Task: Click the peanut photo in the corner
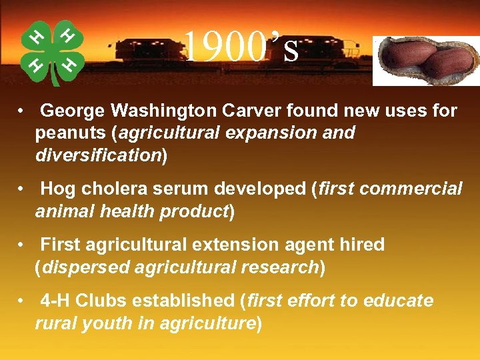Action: coord(425,60)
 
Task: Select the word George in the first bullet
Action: coord(73,111)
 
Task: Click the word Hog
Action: coord(58,189)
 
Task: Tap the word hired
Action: coord(361,245)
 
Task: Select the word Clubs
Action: coord(101,301)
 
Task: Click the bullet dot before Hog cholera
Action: coord(23,189)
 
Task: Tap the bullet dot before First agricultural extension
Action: coord(23,245)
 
